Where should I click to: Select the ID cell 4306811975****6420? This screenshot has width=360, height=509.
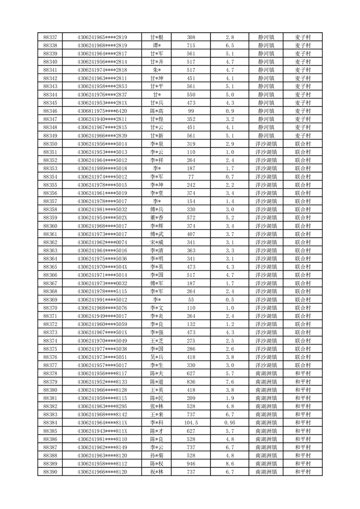pyautogui.click(x=102, y=111)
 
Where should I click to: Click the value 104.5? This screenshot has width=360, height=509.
pyautogui.click(x=191, y=423)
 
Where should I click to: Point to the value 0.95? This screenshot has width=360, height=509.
pyautogui.click(x=229, y=423)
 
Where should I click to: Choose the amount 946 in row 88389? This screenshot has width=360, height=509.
pyautogui.click(x=191, y=464)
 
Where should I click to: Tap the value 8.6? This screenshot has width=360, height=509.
pyautogui.click(x=229, y=464)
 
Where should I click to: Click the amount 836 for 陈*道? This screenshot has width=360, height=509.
pyautogui.click(x=191, y=382)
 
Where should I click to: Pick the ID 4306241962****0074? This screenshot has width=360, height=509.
pyautogui.click(x=102, y=242)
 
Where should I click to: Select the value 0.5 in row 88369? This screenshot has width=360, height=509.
pyautogui.click(x=229, y=300)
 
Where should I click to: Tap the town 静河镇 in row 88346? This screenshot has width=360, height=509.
pyautogui.click(x=266, y=111)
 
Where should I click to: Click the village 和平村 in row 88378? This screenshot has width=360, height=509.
pyautogui.click(x=302, y=373)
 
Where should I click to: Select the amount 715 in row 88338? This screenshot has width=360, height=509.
pyautogui.click(x=191, y=45)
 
